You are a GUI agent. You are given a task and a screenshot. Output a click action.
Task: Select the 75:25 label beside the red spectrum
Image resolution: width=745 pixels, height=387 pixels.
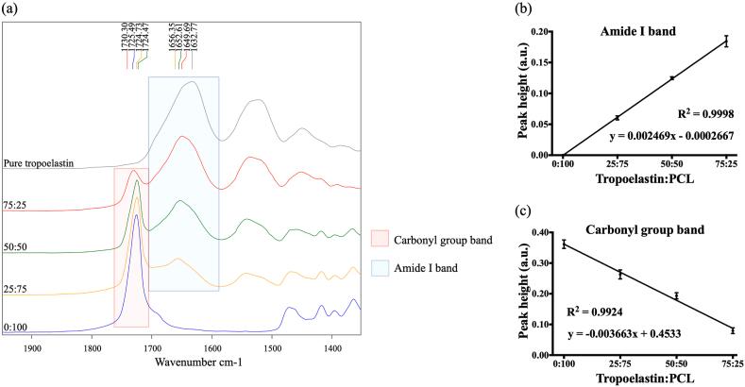[x=15, y=203]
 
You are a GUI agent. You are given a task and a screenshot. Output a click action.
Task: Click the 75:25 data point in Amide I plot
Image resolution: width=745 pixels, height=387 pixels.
[x=726, y=41]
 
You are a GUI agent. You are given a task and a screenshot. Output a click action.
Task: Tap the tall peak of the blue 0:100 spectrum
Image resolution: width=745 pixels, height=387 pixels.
[x=137, y=216]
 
